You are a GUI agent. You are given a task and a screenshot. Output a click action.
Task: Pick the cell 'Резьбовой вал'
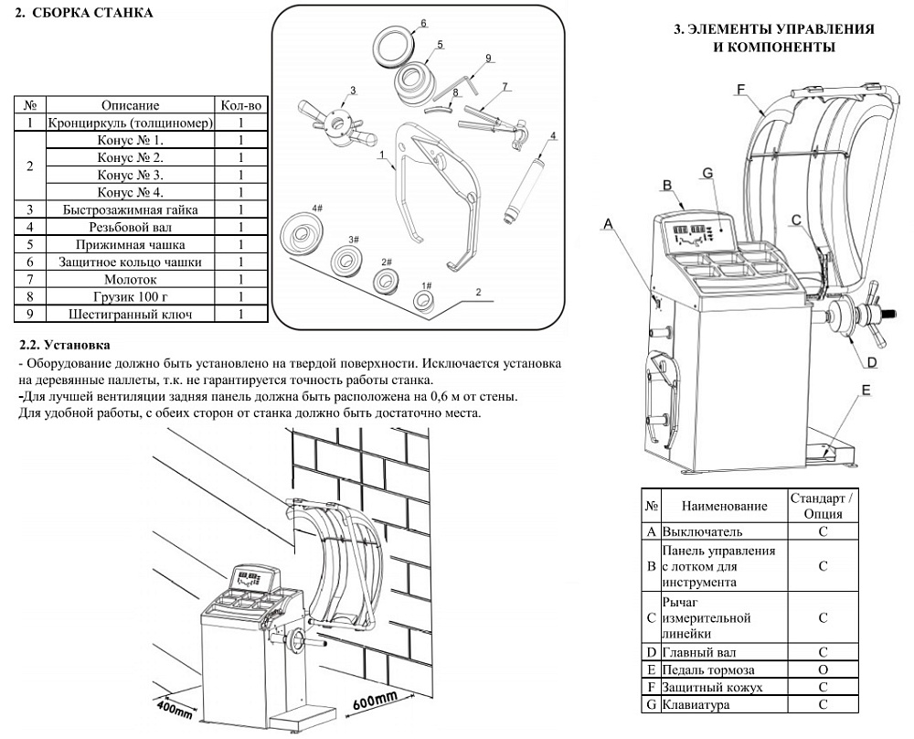130,228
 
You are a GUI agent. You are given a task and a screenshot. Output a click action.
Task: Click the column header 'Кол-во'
241,106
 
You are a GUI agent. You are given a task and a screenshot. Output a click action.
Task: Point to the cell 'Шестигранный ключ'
130,315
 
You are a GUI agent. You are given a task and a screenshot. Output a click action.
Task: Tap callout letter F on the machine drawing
740,90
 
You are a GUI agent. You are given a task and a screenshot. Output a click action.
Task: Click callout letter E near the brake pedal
865,390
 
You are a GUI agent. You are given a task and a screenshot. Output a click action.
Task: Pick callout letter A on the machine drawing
609,221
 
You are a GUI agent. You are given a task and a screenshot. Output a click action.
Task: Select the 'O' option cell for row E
823,670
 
